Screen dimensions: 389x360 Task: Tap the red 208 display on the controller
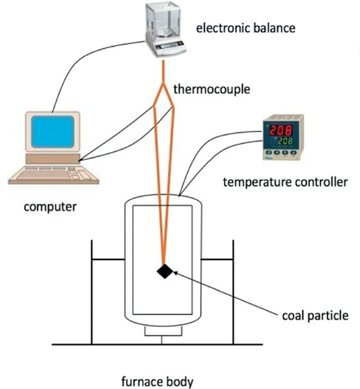point(281,131)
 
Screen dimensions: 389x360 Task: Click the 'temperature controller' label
point(285,181)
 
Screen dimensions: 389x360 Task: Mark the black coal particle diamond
point(165,271)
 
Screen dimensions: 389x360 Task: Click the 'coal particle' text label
point(315,316)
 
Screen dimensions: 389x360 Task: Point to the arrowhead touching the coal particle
point(175,273)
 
